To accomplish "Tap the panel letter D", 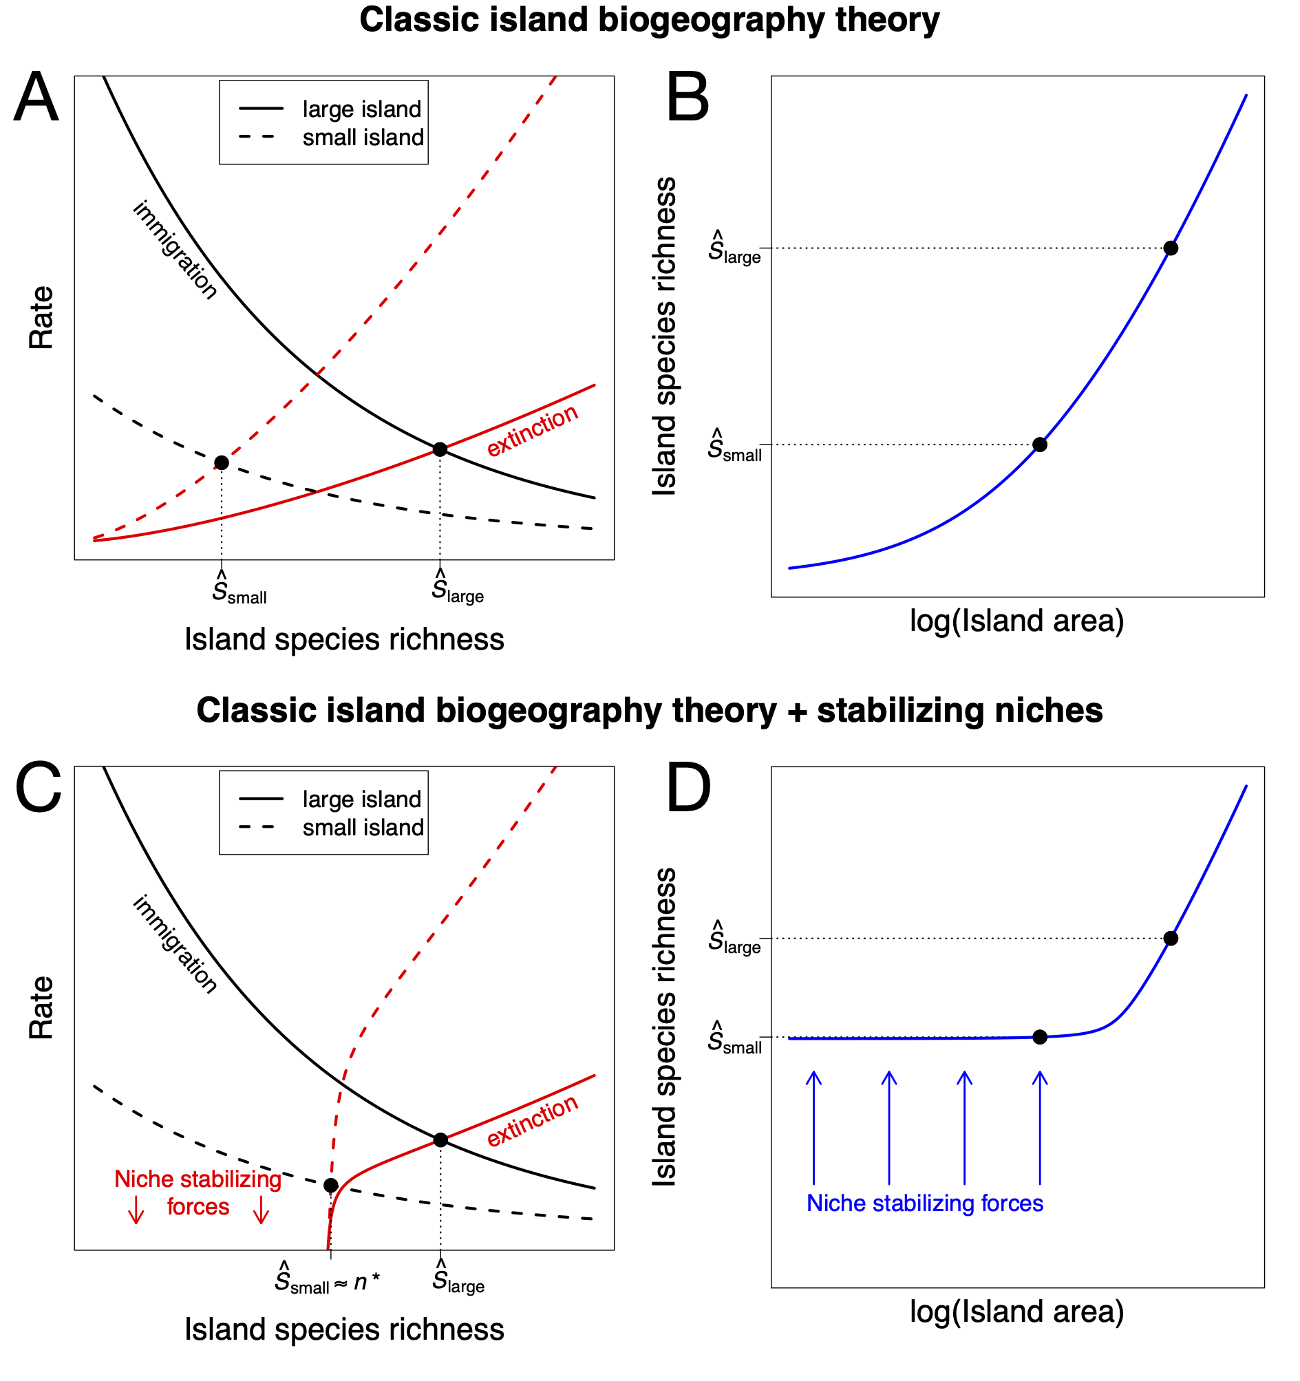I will (688, 788).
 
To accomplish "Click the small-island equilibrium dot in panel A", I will (222, 462).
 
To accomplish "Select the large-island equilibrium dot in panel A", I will (440, 449).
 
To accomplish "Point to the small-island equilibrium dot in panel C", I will (332, 1185).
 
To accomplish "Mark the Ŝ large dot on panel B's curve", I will (1171, 248).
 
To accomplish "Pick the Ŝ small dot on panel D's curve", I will (1039, 1037).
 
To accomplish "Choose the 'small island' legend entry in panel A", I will (363, 138).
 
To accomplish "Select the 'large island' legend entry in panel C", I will (361, 800).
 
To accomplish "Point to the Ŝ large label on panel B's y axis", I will (734, 248).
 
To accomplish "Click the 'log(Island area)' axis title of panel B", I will (1016, 621).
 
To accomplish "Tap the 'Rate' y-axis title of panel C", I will (41, 1007).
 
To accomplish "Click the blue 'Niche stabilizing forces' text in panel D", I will (924, 1203).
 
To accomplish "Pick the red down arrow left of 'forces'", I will (136, 1210).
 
